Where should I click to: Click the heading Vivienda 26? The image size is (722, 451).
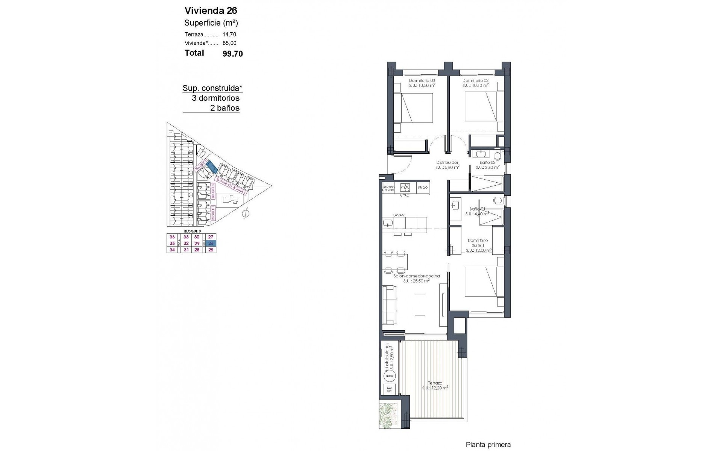tap(211, 11)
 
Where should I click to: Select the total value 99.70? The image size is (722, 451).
tap(233, 54)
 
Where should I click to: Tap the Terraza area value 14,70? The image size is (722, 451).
tap(229, 34)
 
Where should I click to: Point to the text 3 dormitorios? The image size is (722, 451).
tap(215, 98)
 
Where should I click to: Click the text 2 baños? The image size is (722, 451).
tap(224, 108)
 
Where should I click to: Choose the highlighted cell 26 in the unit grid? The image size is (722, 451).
tap(211, 243)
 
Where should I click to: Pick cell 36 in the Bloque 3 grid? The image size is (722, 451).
tap(172, 237)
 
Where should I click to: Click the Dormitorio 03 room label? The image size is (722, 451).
tap(422, 80)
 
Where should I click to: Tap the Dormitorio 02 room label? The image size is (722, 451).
tap(475, 80)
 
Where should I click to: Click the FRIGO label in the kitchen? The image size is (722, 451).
tap(423, 188)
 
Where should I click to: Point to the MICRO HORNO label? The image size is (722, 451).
tap(388, 189)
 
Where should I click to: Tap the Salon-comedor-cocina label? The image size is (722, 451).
tap(416, 276)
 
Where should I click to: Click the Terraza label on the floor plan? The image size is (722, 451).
tap(435, 383)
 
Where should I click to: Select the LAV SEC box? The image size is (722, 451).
tap(389, 390)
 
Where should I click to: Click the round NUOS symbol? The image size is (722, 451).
tap(389, 375)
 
